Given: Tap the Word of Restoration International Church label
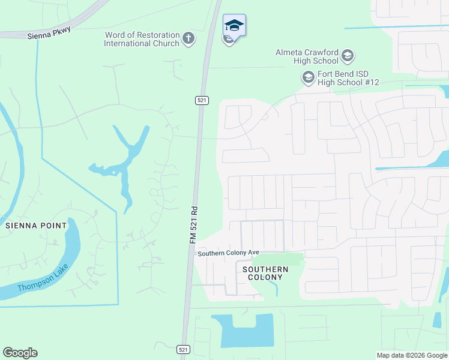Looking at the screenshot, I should (x=142, y=40).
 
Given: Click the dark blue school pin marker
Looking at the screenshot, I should (x=234, y=26).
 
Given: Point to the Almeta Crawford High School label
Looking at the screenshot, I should (x=307, y=56).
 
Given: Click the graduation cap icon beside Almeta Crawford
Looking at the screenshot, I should (x=348, y=57).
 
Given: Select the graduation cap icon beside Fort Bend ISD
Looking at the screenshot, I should (x=308, y=77).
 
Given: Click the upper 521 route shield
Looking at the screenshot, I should (x=202, y=100).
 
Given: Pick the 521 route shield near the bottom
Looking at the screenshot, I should (x=184, y=349).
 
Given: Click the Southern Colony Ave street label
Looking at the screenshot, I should (x=228, y=254).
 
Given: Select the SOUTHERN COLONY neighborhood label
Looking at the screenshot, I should (x=265, y=273).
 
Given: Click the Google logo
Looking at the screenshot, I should (x=20, y=353).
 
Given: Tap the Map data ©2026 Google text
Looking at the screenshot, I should (x=412, y=355).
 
